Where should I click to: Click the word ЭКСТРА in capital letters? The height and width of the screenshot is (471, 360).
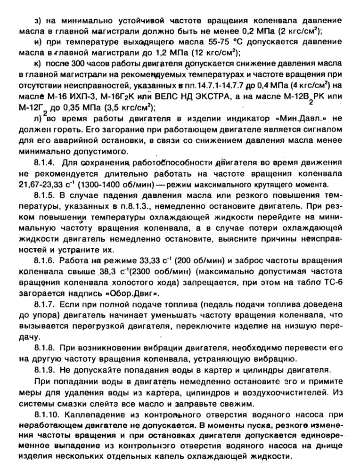pos(205,97)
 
